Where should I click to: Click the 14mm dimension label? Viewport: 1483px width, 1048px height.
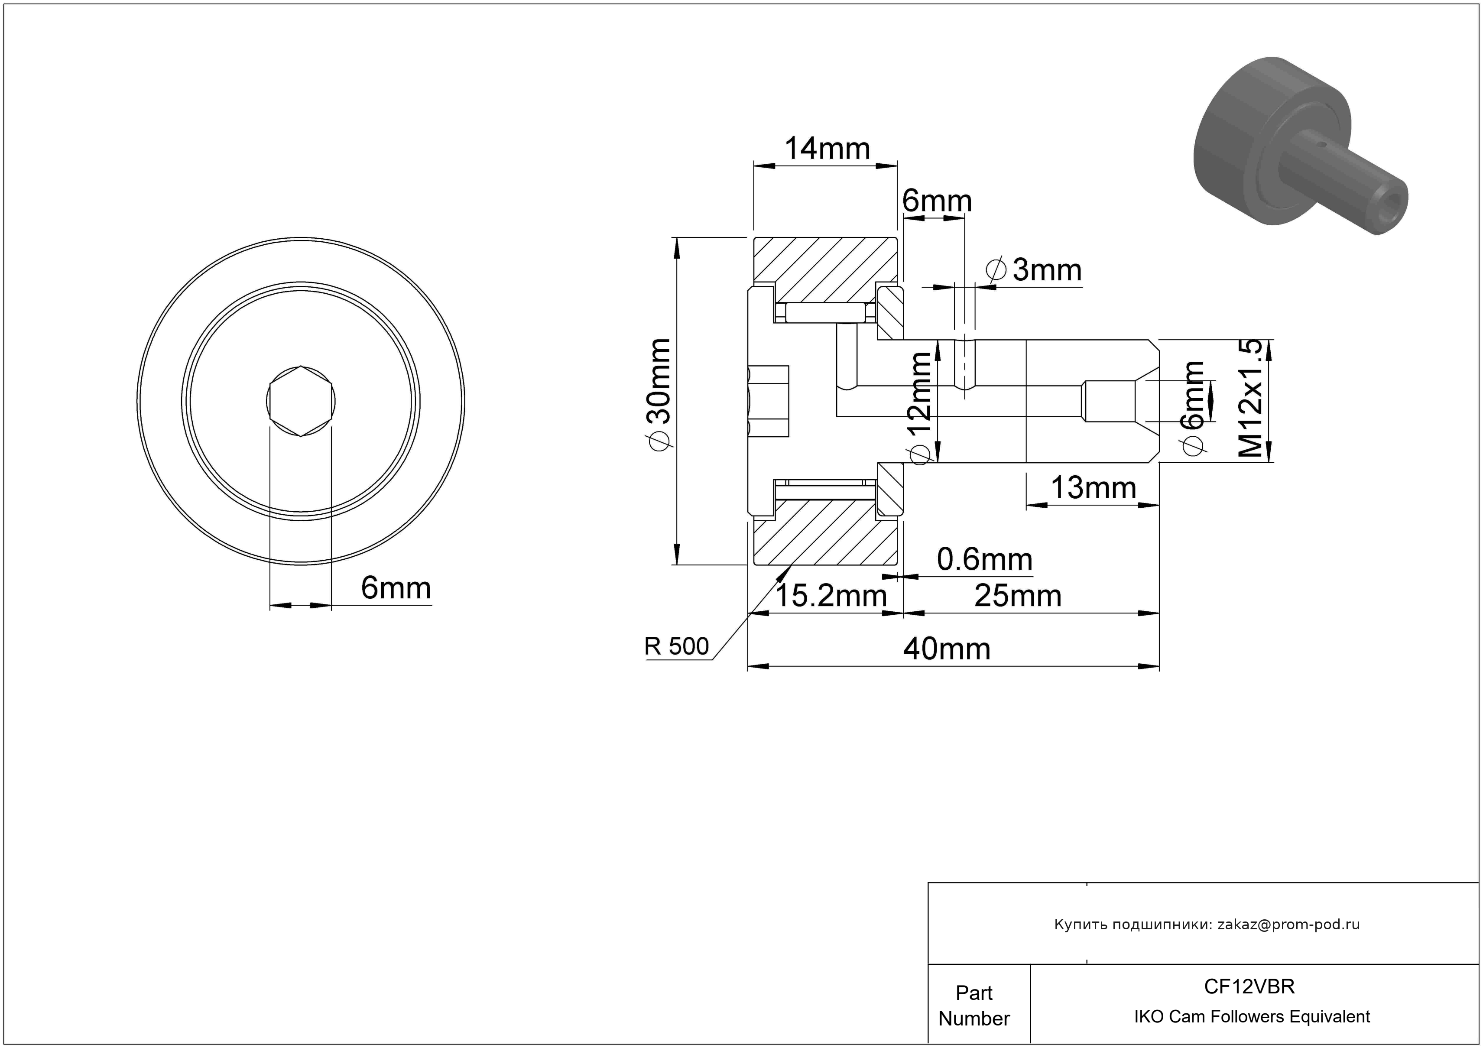(827, 149)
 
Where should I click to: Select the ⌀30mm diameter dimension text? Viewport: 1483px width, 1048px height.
(660, 395)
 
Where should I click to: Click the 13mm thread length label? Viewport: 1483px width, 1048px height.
(1094, 488)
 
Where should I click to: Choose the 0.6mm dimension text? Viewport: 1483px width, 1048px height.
(984, 560)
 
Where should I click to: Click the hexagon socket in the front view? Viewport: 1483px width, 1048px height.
(301, 401)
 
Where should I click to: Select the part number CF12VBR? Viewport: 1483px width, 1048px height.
(1249, 986)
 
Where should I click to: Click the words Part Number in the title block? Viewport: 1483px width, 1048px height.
(974, 1006)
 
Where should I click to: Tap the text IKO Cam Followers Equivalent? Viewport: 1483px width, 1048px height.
(1252, 1017)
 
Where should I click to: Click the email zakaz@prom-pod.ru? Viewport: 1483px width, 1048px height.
(1288, 925)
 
